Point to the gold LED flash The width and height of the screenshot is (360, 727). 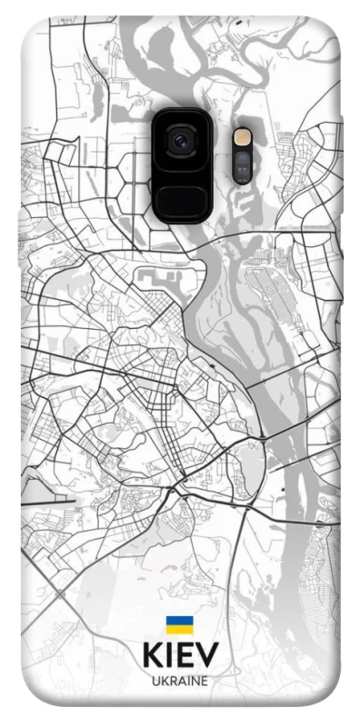[243, 135]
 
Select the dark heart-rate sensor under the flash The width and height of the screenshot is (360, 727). [243, 164]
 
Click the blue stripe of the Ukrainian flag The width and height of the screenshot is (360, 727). [179, 620]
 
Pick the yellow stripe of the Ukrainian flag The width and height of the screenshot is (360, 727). [179, 628]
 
